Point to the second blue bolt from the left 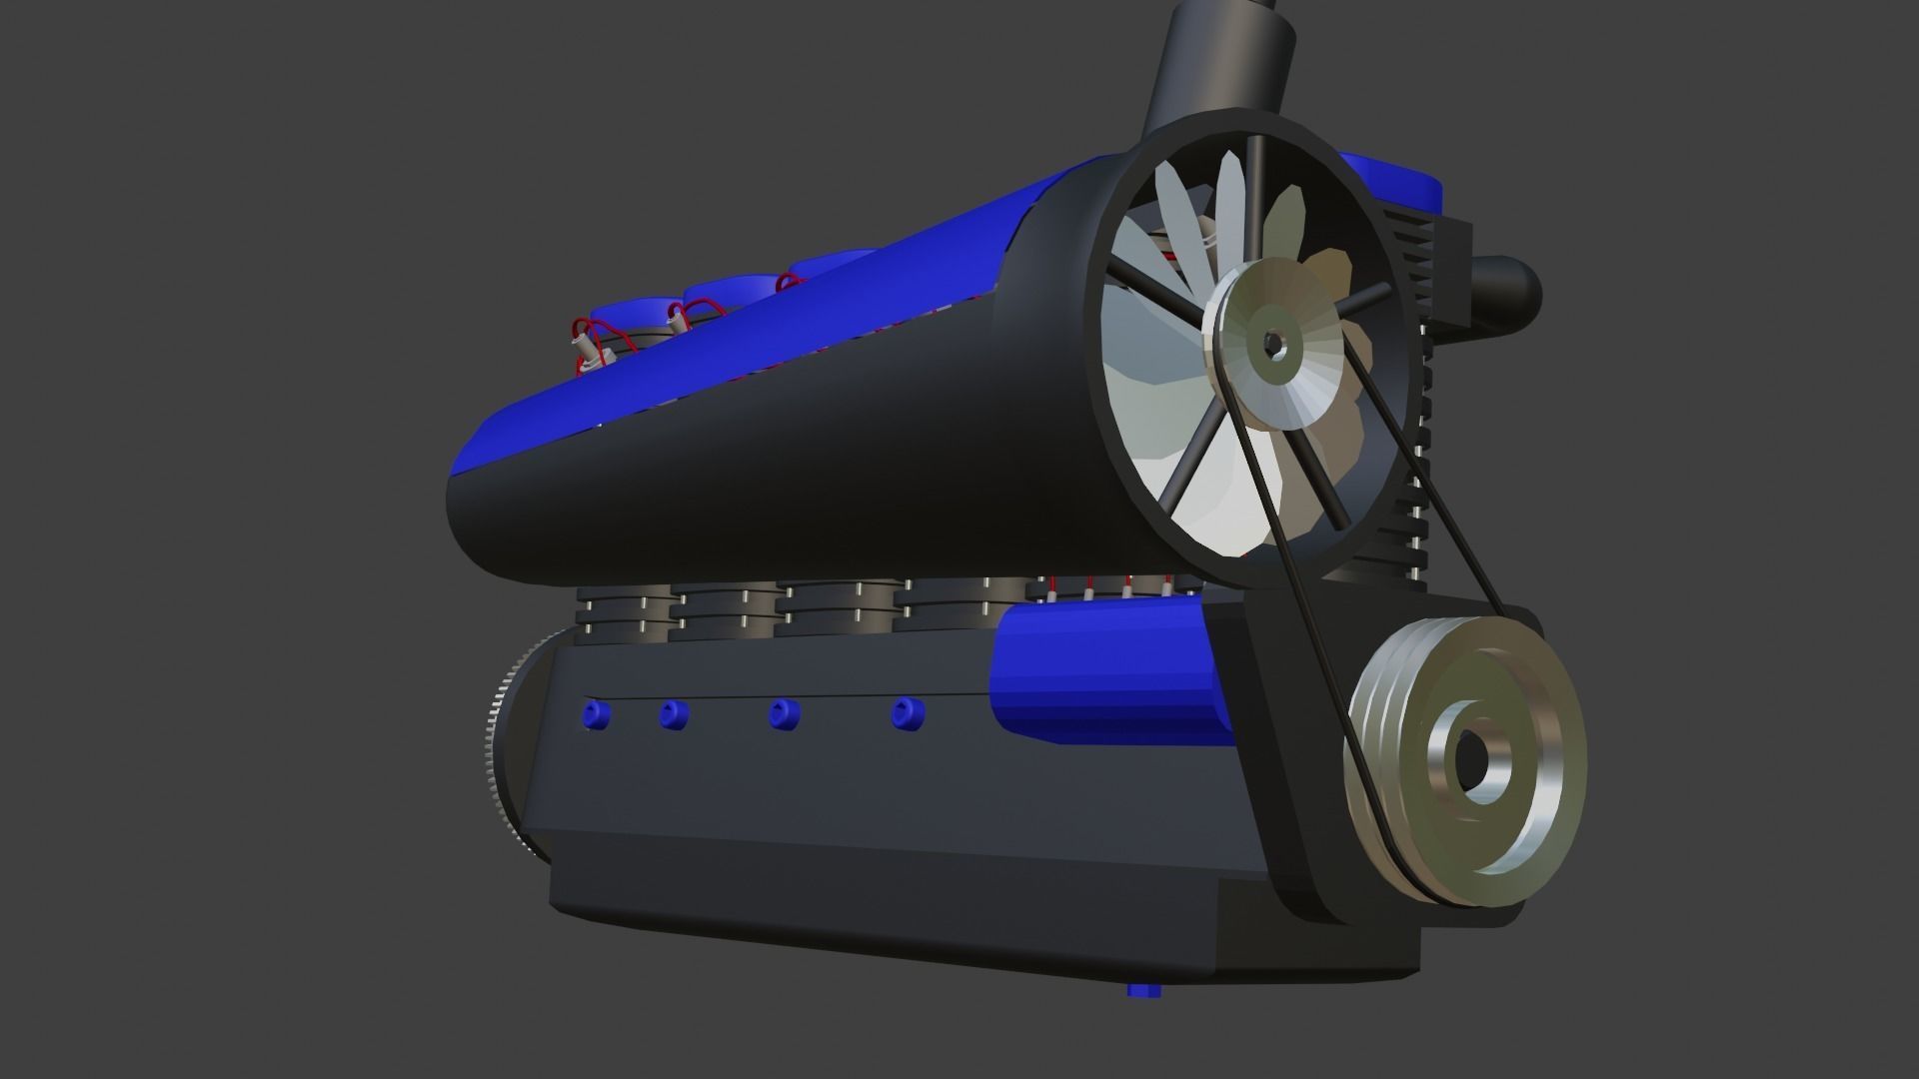673,714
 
